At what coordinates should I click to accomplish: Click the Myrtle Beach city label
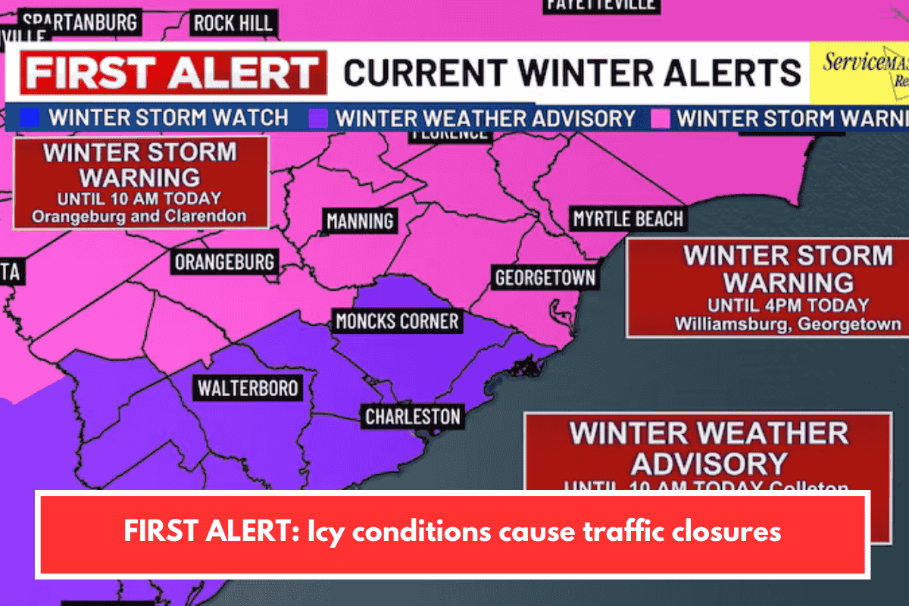click(628, 220)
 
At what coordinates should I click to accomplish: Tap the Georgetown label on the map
click(545, 278)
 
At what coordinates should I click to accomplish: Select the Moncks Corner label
click(397, 321)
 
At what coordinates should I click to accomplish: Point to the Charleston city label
click(412, 417)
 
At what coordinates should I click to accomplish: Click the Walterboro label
click(248, 389)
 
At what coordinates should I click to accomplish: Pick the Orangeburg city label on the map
click(224, 263)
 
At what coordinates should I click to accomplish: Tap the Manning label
click(361, 221)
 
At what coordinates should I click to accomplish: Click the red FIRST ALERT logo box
click(173, 73)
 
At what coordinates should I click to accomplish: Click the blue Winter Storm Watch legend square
click(30, 118)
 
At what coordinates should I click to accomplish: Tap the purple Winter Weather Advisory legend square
click(318, 118)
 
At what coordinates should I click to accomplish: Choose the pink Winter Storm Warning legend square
click(660, 118)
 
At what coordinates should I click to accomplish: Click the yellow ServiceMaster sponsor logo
click(859, 72)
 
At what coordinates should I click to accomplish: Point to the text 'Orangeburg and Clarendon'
click(139, 216)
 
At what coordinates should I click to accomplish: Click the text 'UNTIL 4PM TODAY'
click(788, 305)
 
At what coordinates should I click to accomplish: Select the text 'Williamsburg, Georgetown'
click(788, 323)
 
